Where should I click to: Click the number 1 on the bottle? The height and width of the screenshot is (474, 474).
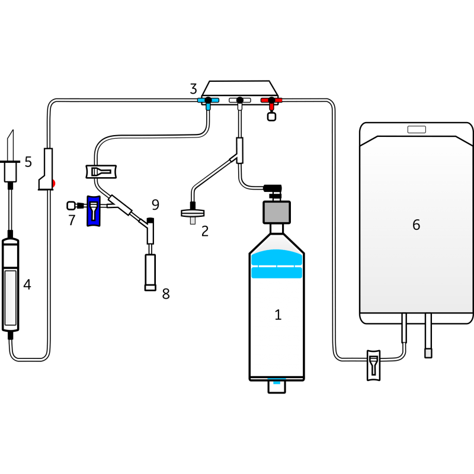278,315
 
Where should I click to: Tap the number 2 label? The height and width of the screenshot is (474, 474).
205,231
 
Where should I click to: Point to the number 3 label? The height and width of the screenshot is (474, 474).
193,89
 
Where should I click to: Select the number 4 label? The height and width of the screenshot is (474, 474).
27,284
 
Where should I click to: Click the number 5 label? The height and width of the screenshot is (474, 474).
28,162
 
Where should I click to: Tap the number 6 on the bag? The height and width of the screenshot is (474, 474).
416,225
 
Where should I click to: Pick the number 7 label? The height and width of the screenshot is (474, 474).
72,220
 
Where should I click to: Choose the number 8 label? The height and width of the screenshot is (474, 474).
166,294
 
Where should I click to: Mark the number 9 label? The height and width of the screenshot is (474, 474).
155,205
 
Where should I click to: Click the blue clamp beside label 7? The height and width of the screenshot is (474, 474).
94,210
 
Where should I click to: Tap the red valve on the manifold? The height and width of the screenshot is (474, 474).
271,101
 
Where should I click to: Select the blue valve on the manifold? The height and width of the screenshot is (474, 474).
208,101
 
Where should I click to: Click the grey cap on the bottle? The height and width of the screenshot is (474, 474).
276,212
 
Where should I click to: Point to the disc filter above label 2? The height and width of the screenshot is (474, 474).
190,214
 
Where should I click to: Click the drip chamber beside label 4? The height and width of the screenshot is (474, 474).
11,284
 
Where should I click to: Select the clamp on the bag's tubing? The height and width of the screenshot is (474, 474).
373,364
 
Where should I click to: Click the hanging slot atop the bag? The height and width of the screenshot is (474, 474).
417,130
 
